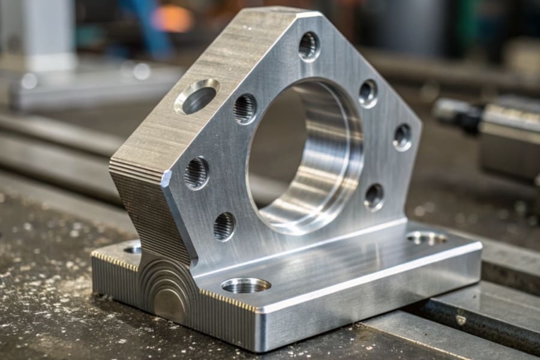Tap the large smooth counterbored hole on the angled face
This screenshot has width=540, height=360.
197,96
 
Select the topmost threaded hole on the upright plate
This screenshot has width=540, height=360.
309,46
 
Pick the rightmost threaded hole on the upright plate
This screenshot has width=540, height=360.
403,137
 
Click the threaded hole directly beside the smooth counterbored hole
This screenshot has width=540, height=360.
245,109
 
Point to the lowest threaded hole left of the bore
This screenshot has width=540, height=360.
224,226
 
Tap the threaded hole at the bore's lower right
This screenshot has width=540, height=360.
374,197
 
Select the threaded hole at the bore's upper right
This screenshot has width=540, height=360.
368,93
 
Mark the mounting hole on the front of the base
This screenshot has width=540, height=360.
245,286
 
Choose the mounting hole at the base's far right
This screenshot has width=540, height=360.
427,238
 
